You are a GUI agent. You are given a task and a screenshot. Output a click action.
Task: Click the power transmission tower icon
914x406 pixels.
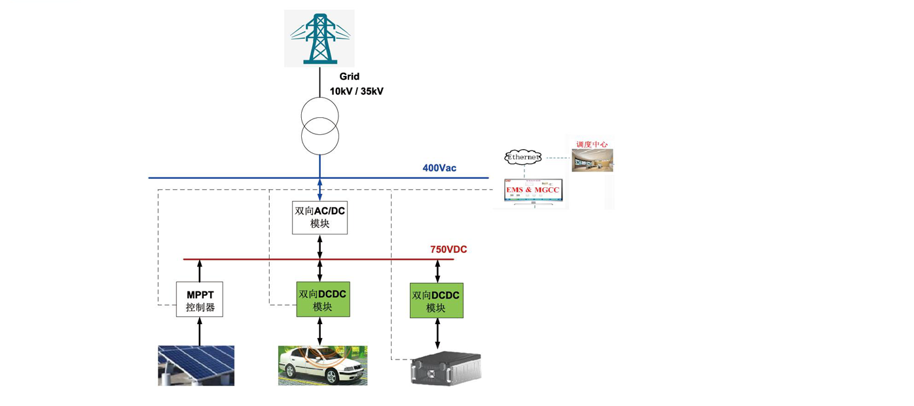coord(320,38)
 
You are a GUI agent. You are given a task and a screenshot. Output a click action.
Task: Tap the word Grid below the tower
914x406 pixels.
coord(349,77)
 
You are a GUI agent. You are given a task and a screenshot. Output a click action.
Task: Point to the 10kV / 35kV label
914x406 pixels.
coord(356,92)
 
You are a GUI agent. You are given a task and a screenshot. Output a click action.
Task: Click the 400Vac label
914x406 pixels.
coord(439,168)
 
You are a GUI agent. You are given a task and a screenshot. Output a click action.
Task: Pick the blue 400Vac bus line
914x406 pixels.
coord(229,177)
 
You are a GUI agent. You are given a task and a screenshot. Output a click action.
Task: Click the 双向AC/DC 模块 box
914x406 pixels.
coord(320,217)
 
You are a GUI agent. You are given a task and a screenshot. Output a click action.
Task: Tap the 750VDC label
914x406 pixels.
coord(448,249)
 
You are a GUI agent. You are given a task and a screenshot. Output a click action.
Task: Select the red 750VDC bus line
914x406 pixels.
coord(249,259)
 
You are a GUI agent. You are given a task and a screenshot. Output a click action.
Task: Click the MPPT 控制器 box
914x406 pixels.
coord(200,300)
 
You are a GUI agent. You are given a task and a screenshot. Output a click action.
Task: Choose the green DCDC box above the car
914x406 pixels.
coord(323,300)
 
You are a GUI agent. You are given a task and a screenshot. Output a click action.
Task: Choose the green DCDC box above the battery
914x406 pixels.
coord(436,301)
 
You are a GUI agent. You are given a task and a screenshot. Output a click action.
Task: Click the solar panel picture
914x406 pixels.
coord(196,365)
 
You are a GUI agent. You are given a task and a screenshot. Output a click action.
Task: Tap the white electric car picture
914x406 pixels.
coord(322,365)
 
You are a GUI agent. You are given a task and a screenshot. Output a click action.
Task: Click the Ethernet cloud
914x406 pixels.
coord(523,157)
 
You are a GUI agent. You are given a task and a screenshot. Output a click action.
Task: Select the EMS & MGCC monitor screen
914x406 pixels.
coord(533,190)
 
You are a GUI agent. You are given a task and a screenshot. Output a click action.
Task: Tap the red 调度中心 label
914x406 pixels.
coord(592,144)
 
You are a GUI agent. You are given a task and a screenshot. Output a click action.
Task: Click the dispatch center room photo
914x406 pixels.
coord(592,160)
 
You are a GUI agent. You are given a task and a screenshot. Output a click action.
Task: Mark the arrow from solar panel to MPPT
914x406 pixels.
coord(200,331)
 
